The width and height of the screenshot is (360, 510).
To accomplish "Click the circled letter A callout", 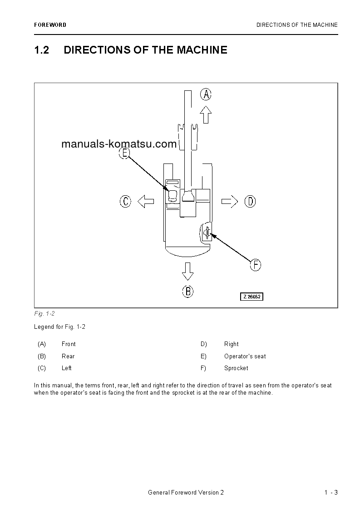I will [206, 94].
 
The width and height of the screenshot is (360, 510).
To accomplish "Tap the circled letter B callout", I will [187, 291].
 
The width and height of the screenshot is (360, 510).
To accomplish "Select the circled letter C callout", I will [126, 201].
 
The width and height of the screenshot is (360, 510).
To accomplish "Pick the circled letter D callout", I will [250, 201].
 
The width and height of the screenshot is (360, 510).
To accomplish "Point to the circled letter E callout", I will [124, 153].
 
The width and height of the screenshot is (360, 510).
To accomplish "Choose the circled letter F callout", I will [256, 265].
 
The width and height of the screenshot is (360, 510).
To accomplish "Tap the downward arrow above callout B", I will [187, 271].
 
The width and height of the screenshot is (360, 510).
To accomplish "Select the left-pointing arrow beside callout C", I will [146, 201].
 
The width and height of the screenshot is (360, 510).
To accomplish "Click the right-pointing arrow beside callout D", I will [230, 201].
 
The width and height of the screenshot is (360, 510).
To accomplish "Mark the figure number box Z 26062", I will [252, 297].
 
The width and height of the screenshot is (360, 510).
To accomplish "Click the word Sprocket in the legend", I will [236, 368].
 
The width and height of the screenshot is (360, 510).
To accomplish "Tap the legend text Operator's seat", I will [245, 356].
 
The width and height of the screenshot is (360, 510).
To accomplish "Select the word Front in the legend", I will [69, 344].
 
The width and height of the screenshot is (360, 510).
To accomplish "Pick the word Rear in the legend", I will [68, 356].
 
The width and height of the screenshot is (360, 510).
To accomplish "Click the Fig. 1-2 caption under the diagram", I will [44, 314].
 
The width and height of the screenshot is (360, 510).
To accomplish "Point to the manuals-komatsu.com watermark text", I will [118, 144].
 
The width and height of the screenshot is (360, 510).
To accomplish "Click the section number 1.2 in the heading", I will [42, 50].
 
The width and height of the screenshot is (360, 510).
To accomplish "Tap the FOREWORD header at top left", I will [50, 25].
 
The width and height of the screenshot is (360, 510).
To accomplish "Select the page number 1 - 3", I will [331, 493].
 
